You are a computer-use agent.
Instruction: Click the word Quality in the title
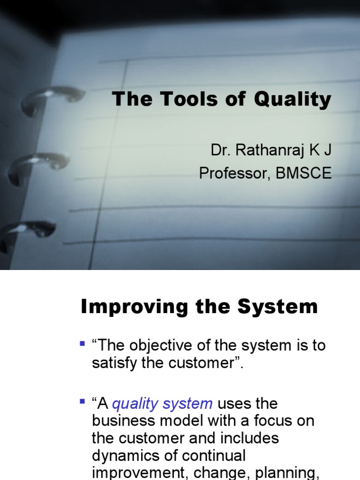[293, 99]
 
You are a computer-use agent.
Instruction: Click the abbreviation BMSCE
[303, 173]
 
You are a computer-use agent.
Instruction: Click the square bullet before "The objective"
[83, 344]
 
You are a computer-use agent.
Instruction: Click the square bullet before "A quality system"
[83, 402]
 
